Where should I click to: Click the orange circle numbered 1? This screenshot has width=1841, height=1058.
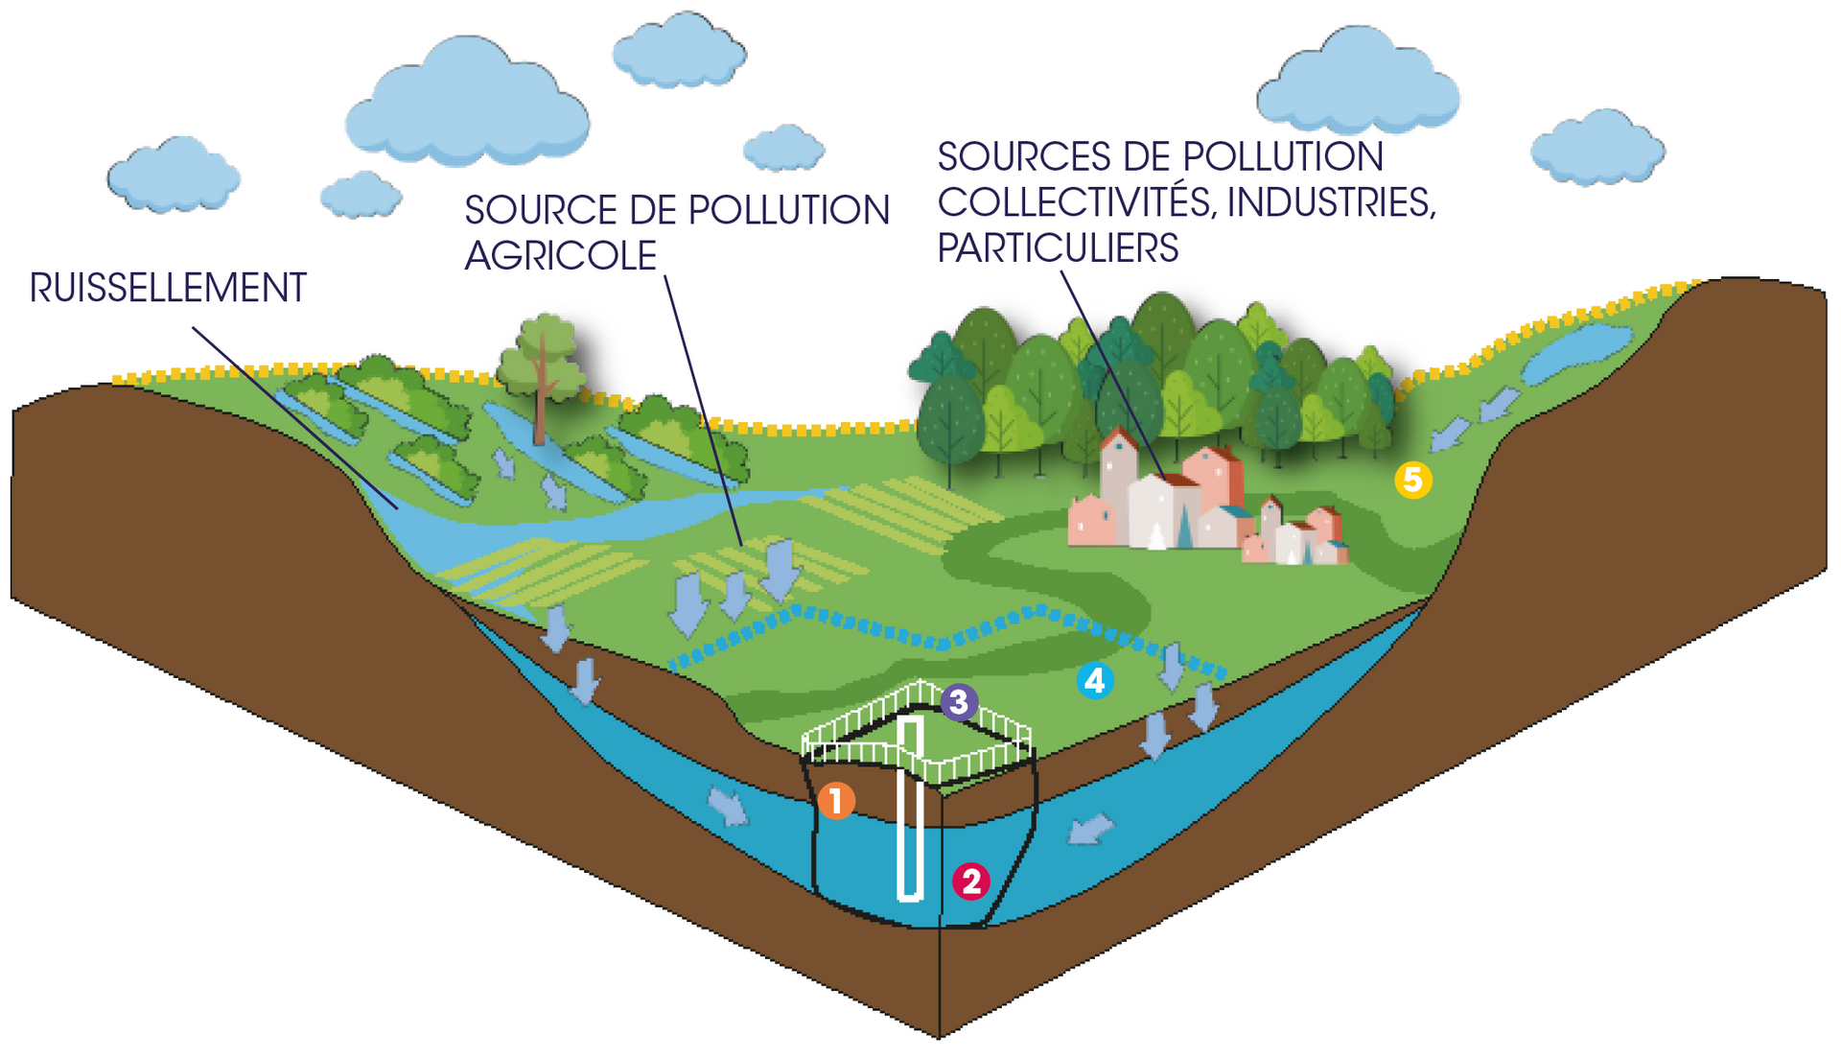pos(836,800)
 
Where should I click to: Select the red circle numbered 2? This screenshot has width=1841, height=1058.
pos(970,881)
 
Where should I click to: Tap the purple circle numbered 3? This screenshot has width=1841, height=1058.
pos(959,702)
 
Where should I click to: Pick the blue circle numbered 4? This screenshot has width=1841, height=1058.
pos(1094,680)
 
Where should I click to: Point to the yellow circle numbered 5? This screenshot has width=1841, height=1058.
pos(1412,480)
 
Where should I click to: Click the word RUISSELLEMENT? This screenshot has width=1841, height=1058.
pos(168,288)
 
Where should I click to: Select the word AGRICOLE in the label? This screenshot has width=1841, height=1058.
pos(560,256)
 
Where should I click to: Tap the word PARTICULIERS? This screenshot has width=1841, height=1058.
pos(1058,248)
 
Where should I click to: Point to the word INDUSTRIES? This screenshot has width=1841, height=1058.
pos(1331,202)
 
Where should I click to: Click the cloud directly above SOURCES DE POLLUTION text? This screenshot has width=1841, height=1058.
pos(1357,84)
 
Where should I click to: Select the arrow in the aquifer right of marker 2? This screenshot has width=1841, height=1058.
pos(1090,828)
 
